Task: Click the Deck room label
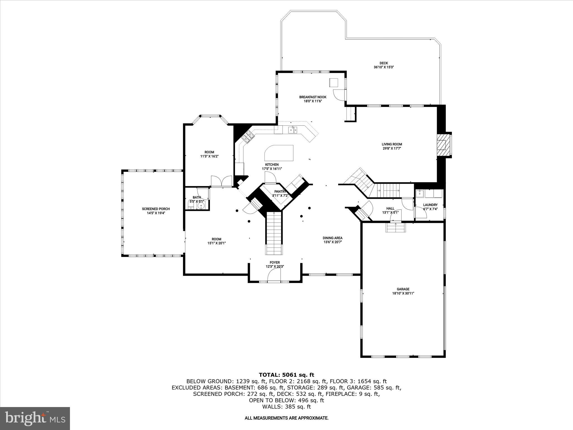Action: tap(384, 63)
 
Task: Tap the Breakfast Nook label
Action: tap(313, 97)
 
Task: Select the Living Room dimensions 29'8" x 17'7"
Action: tap(392, 149)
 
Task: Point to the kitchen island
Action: tap(279, 153)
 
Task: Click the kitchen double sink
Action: tap(293, 130)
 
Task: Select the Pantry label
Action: tap(280, 191)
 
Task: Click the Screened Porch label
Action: tap(156, 209)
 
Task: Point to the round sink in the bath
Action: tap(201, 206)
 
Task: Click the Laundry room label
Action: tap(430, 205)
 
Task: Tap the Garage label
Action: tap(403, 289)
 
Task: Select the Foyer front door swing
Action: tap(274, 277)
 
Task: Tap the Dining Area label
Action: tap(332, 238)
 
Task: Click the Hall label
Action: tap(390, 208)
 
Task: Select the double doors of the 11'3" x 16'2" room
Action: tap(221, 181)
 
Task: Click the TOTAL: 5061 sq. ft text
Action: tap(286, 375)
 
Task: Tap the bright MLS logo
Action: tap(35, 418)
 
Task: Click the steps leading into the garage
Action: tap(396, 228)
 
